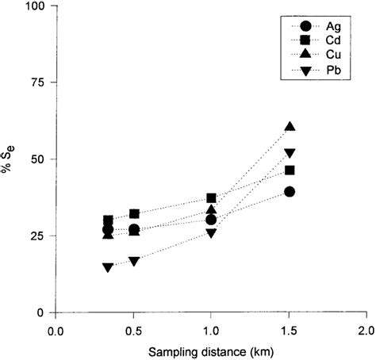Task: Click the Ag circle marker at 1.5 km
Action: (x=290, y=192)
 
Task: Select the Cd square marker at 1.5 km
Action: (x=290, y=170)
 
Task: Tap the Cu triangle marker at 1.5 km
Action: (x=290, y=127)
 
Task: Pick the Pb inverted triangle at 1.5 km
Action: (x=290, y=153)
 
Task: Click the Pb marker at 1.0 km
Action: (x=211, y=233)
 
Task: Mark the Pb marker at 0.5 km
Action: (x=134, y=261)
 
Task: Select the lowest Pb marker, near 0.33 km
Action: (x=108, y=267)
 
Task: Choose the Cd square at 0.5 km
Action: (x=134, y=214)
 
